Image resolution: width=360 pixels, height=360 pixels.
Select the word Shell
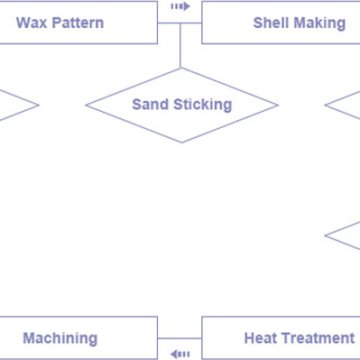pyautogui.click(x=272, y=22)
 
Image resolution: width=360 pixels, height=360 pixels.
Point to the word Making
pyautogui.click(x=320, y=22)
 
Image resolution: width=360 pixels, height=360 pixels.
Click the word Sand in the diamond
pyautogui.click(x=150, y=104)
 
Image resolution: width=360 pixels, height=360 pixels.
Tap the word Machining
pyautogui.click(x=60, y=339)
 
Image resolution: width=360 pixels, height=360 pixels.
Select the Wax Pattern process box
pyautogui.click(x=120, y=30)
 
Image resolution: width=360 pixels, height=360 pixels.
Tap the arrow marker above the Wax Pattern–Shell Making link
pyautogui.click(x=180, y=6)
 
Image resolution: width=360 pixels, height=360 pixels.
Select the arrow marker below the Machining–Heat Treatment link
pyautogui.click(x=180, y=353)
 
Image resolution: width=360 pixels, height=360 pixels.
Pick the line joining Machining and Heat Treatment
pyautogui.click(x=180, y=339)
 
